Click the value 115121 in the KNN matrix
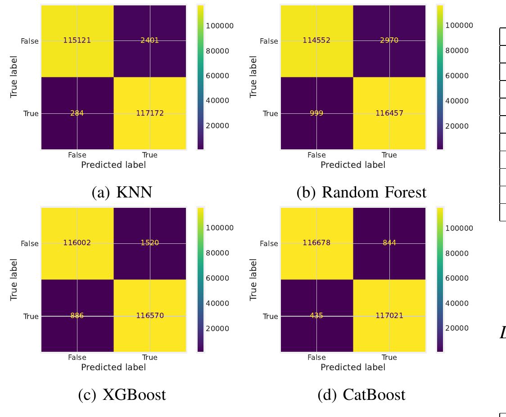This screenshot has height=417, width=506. (x=77, y=40)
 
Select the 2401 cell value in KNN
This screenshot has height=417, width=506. (x=149, y=40)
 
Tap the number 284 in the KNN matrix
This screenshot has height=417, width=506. (x=77, y=113)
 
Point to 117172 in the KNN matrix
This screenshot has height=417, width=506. (x=149, y=113)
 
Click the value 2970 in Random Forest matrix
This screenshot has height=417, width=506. (x=389, y=40)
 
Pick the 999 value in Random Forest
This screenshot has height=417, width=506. (x=316, y=113)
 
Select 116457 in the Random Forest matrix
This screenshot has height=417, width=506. (x=389, y=113)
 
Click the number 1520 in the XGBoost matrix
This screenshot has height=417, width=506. (x=149, y=243)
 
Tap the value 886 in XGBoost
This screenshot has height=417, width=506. (x=77, y=316)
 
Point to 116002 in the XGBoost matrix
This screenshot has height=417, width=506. (x=77, y=243)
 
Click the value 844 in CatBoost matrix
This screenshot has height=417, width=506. (x=389, y=243)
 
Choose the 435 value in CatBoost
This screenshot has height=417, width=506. (x=316, y=316)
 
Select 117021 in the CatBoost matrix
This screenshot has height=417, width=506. (x=389, y=316)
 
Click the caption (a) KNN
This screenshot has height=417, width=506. (x=122, y=192)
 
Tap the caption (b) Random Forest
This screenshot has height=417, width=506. (x=361, y=192)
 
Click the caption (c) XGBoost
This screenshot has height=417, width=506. (x=122, y=395)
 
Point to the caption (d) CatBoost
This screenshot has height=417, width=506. (x=361, y=395)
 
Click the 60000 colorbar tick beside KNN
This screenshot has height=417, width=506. (x=217, y=76)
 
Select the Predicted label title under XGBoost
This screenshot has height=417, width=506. (x=113, y=367)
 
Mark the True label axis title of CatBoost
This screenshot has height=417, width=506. (x=253, y=279)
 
